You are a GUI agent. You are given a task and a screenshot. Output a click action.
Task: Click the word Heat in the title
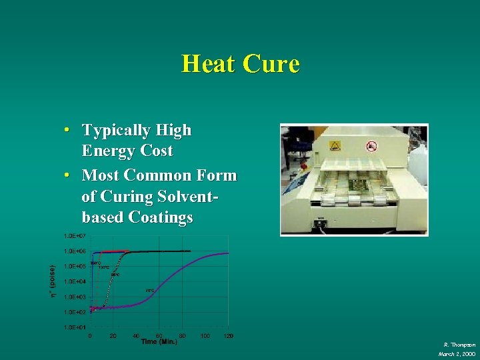coord(208,65)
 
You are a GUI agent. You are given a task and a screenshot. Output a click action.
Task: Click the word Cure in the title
coord(271,65)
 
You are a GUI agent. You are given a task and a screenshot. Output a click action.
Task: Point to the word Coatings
coord(161,217)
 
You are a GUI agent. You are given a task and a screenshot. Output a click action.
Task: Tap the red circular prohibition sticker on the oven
coord(372,145)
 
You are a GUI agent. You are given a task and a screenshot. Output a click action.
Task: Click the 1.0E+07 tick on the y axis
coord(74,236)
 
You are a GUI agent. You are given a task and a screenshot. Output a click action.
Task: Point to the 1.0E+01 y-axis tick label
coord(74,327)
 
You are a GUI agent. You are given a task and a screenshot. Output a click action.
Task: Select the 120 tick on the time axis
coord(229,335)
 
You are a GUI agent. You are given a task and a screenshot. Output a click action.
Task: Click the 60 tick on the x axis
coord(159,335)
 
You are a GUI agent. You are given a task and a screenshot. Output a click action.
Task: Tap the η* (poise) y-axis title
coord(53,282)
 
